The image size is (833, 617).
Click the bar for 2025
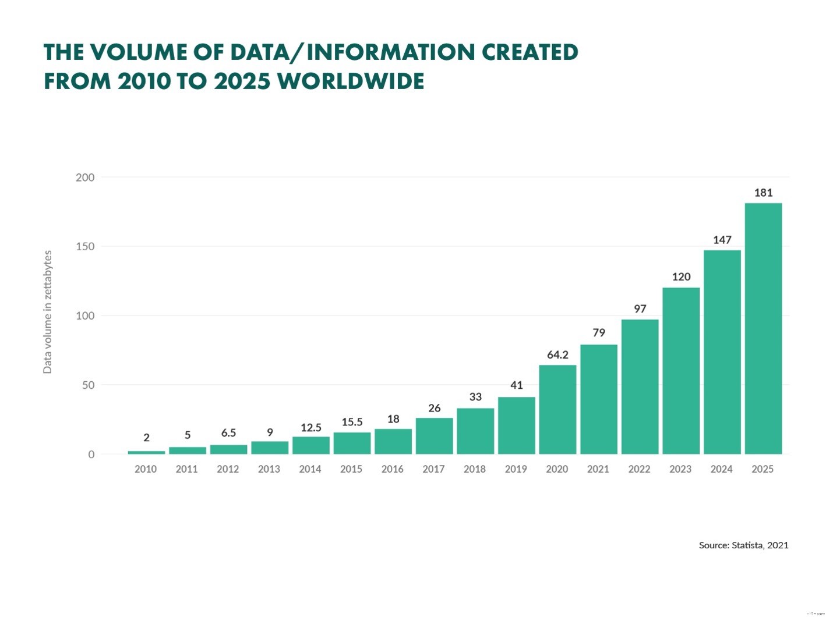763,328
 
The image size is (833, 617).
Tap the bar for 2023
681,371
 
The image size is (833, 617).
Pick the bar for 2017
434,436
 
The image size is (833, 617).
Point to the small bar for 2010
146,452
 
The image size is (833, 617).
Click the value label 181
763,193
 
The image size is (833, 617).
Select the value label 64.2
557,354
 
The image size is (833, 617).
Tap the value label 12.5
311,427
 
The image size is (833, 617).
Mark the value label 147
722,240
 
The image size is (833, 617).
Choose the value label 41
517,385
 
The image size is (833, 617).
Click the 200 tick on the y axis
85,178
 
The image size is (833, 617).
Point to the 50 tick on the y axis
88,385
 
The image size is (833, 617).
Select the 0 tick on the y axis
91,455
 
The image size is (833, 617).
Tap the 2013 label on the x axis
269,469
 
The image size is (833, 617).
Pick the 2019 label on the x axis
516,469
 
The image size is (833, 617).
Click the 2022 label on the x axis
639,469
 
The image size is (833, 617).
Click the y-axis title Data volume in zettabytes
48,312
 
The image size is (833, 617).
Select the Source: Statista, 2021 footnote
743,545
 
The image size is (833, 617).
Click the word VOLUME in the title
139,52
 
